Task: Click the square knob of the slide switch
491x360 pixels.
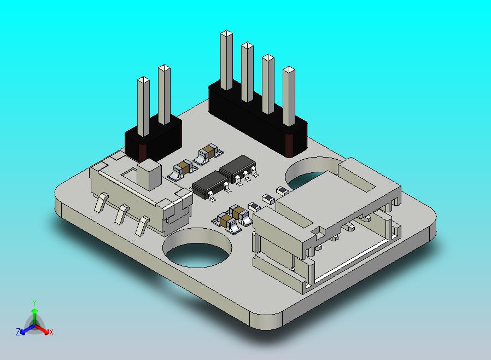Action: click(149, 175)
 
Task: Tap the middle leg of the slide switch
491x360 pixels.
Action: click(121, 214)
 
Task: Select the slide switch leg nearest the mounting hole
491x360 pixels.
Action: click(142, 225)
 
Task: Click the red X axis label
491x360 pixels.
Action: click(51, 332)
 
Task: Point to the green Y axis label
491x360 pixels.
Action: click(34, 303)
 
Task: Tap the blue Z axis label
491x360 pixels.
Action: click(18, 332)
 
